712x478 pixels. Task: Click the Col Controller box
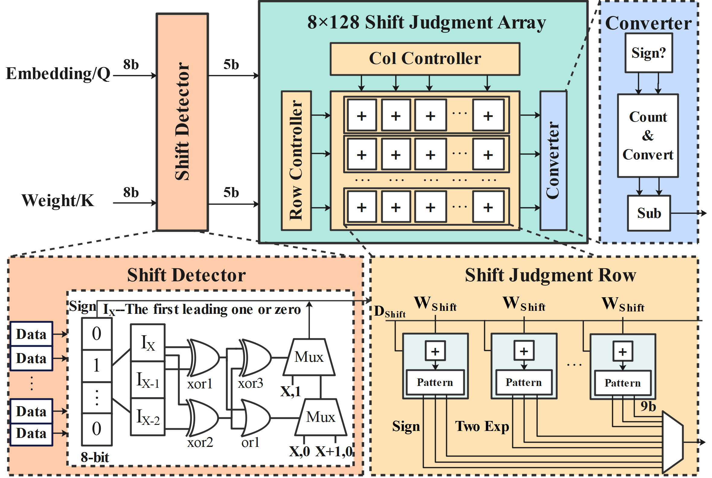[x=425, y=59]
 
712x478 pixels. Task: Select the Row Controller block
[x=296, y=160]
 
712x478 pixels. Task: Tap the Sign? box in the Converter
[x=649, y=53]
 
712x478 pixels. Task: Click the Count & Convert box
[x=648, y=136]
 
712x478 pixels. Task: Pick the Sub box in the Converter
[x=649, y=213]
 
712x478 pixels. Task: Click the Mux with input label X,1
[x=309, y=357]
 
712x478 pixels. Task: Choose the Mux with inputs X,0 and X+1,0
[x=321, y=417]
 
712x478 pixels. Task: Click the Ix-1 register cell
[x=148, y=380]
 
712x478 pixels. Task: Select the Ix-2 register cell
[x=148, y=417]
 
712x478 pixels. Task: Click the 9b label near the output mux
[x=648, y=406]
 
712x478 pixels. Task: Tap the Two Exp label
[x=482, y=426]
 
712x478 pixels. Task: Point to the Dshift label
[x=389, y=311]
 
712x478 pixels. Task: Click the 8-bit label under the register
[x=94, y=457]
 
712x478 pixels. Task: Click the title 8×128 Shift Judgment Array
[x=426, y=23]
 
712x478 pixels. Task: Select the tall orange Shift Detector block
[x=182, y=122]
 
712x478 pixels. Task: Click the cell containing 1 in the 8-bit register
[x=97, y=365]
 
